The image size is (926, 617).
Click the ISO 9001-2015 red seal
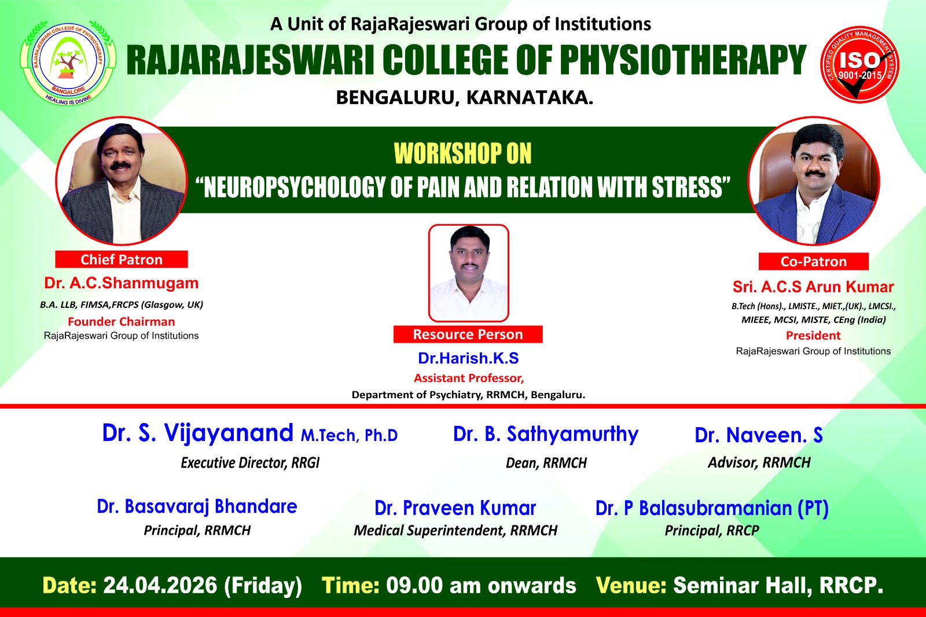point(860,64)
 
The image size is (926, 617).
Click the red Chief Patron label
point(122,259)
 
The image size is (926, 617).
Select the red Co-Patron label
point(814,262)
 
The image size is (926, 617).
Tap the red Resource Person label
point(468,334)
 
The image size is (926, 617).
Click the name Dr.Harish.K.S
point(468,358)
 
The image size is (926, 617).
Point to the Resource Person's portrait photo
point(468,273)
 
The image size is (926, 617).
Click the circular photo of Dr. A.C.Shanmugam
point(122,181)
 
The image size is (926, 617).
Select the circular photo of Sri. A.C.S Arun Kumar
point(814,181)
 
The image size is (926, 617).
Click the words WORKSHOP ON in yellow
point(462,154)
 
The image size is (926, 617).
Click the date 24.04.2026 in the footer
point(160,586)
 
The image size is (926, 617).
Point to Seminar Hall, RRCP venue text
point(778,586)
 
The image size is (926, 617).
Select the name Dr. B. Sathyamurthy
point(546,434)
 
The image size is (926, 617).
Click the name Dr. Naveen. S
point(759,435)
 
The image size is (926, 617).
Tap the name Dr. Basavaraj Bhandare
point(197,506)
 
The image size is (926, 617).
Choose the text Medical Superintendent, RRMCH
point(455,531)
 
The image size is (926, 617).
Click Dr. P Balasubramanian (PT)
point(712,508)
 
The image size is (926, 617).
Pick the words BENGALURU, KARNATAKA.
point(465,98)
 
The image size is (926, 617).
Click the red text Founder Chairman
point(122,321)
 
